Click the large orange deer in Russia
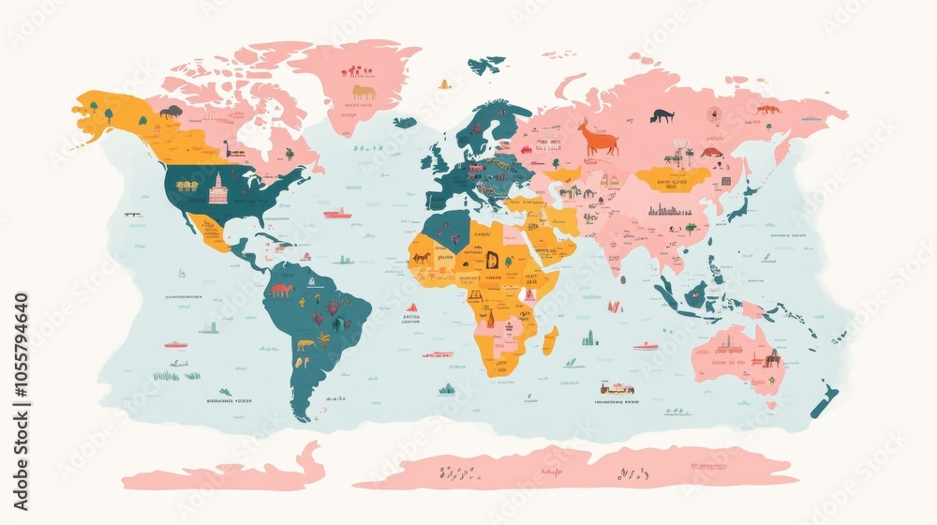click(x=597, y=139)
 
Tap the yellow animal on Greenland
click(x=364, y=92)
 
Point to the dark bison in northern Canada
click(x=171, y=112)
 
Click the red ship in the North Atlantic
click(x=337, y=214)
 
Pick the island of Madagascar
click(x=550, y=339)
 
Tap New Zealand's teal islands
click(x=822, y=400)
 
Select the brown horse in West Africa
click(x=423, y=257)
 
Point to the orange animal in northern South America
click(x=281, y=290)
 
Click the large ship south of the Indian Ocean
click(x=617, y=387)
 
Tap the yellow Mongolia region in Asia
click(x=672, y=178)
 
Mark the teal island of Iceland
click(x=405, y=122)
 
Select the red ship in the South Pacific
click(x=175, y=344)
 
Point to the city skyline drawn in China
click(x=672, y=211)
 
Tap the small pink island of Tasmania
click(x=771, y=405)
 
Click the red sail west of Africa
click(x=411, y=307)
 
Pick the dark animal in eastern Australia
click(x=772, y=358)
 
